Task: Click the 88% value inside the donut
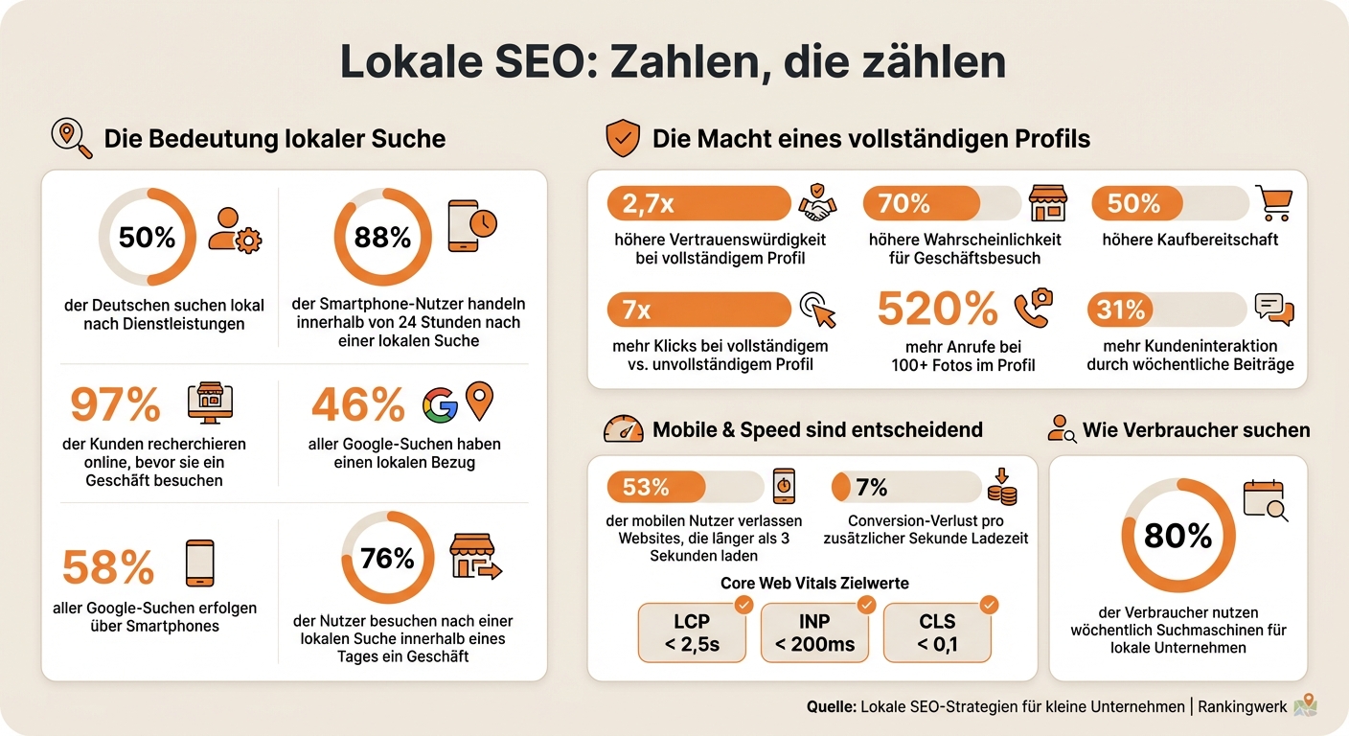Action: [382, 237]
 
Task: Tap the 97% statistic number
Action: [115, 405]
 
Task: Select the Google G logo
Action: [440, 405]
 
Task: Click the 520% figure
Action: [938, 310]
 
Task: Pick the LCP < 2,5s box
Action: [692, 632]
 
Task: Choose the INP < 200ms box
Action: [814, 632]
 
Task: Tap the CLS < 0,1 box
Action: [937, 632]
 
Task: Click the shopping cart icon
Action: [1275, 203]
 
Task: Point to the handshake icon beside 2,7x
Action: [818, 203]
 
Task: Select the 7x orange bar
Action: [697, 310]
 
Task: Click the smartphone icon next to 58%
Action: [199, 563]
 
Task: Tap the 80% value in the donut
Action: [1178, 537]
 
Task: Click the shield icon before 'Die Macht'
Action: [623, 139]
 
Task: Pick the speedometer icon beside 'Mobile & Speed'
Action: [623, 429]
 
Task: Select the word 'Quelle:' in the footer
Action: [832, 707]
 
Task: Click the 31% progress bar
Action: [1166, 310]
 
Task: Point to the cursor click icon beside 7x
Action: [817, 310]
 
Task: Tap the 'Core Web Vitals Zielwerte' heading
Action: [813, 583]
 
